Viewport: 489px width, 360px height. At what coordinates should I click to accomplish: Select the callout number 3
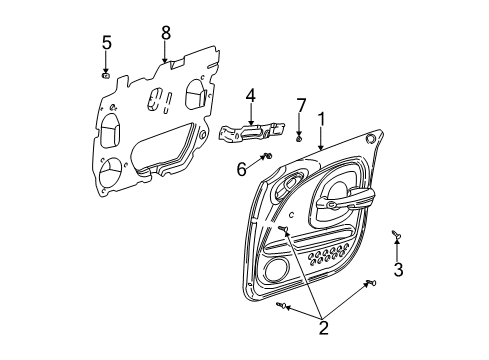click(x=398, y=270)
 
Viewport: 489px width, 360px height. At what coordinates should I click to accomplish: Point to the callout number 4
click(x=251, y=96)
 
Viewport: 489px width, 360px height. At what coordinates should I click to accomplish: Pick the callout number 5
click(x=106, y=42)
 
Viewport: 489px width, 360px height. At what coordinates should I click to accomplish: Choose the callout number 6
click(x=241, y=170)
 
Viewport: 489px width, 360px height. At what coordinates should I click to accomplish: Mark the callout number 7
click(x=300, y=105)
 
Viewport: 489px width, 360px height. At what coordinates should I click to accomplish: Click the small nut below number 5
click(x=106, y=73)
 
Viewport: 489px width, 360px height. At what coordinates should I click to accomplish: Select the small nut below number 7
click(x=299, y=136)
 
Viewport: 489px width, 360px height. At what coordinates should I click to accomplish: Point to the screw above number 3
click(x=396, y=234)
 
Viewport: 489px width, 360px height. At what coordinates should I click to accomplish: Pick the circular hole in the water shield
click(x=111, y=169)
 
